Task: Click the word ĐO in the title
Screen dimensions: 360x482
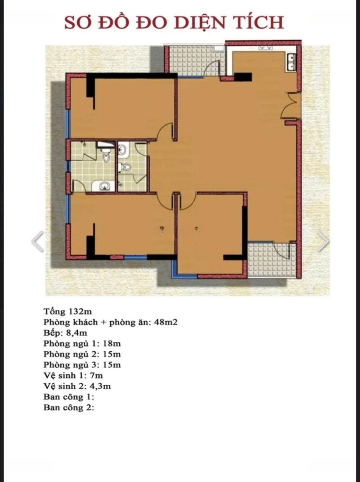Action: [x=151, y=22]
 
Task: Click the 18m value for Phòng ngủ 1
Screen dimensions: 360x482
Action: [x=112, y=343]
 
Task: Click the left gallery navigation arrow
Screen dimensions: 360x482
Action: [x=38, y=241]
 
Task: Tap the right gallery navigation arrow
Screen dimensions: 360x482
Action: [x=323, y=241]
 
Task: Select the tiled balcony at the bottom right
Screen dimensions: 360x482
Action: [x=272, y=260]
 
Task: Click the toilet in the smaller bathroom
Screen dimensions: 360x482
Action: [x=125, y=167]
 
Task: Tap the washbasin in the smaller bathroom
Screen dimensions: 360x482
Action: [x=122, y=150]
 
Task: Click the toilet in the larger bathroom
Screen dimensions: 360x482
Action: [x=106, y=156]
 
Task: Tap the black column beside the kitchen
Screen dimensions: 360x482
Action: [x=243, y=77]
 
